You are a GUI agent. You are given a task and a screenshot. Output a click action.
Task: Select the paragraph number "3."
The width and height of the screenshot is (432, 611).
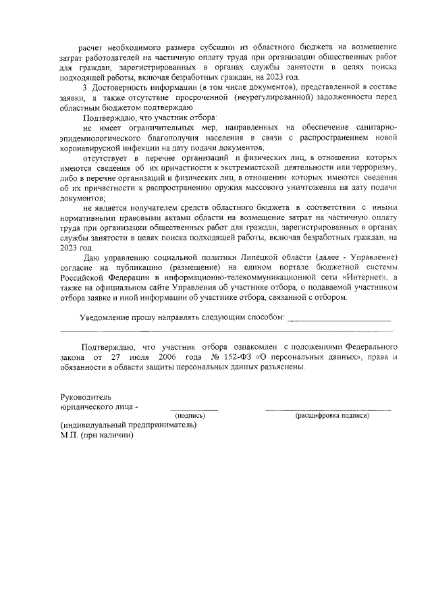click(x=84, y=89)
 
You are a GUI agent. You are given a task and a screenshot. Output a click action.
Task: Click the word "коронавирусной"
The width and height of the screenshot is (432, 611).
click(x=91, y=147)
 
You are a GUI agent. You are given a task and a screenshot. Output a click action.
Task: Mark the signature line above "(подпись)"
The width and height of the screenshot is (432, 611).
click(x=194, y=409)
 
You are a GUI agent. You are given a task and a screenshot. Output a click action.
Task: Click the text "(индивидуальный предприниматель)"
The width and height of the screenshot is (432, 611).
click(x=128, y=425)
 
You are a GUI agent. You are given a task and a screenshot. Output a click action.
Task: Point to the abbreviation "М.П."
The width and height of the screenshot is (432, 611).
click(x=69, y=435)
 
